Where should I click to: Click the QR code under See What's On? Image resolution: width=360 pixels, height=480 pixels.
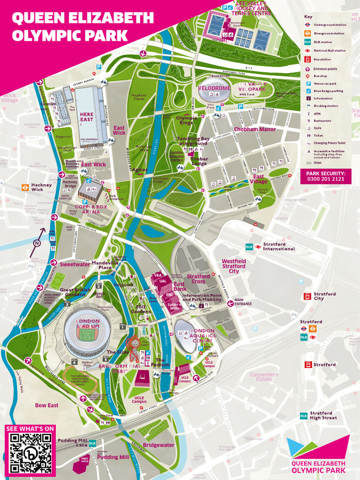click(30, 453)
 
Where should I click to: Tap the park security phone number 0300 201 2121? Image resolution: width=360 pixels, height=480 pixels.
click(325, 179)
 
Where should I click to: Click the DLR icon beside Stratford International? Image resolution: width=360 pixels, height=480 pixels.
click(249, 247)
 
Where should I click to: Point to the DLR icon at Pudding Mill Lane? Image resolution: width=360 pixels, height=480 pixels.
click(92, 443)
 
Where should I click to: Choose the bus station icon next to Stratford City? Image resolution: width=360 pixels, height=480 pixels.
click(307, 296)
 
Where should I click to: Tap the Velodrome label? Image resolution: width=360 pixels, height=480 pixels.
click(214, 88)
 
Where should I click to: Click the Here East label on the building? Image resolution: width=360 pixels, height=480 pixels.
click(87, 117)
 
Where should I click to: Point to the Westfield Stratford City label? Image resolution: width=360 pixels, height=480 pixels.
click(233, 266)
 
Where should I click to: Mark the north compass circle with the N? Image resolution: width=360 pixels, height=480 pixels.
click(37, 243)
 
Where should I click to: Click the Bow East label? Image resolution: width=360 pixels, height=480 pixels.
click(47, 405)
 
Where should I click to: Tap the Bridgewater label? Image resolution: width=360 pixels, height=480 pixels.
click(158, 445)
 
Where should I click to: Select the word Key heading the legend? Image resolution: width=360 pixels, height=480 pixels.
click(308, 16)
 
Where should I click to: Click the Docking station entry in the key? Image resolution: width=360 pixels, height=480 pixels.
click(325, 106)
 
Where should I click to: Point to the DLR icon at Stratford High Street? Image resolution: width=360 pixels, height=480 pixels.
click(304, 416)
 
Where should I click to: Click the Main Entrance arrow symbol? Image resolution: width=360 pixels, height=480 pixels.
click(230, 303)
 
